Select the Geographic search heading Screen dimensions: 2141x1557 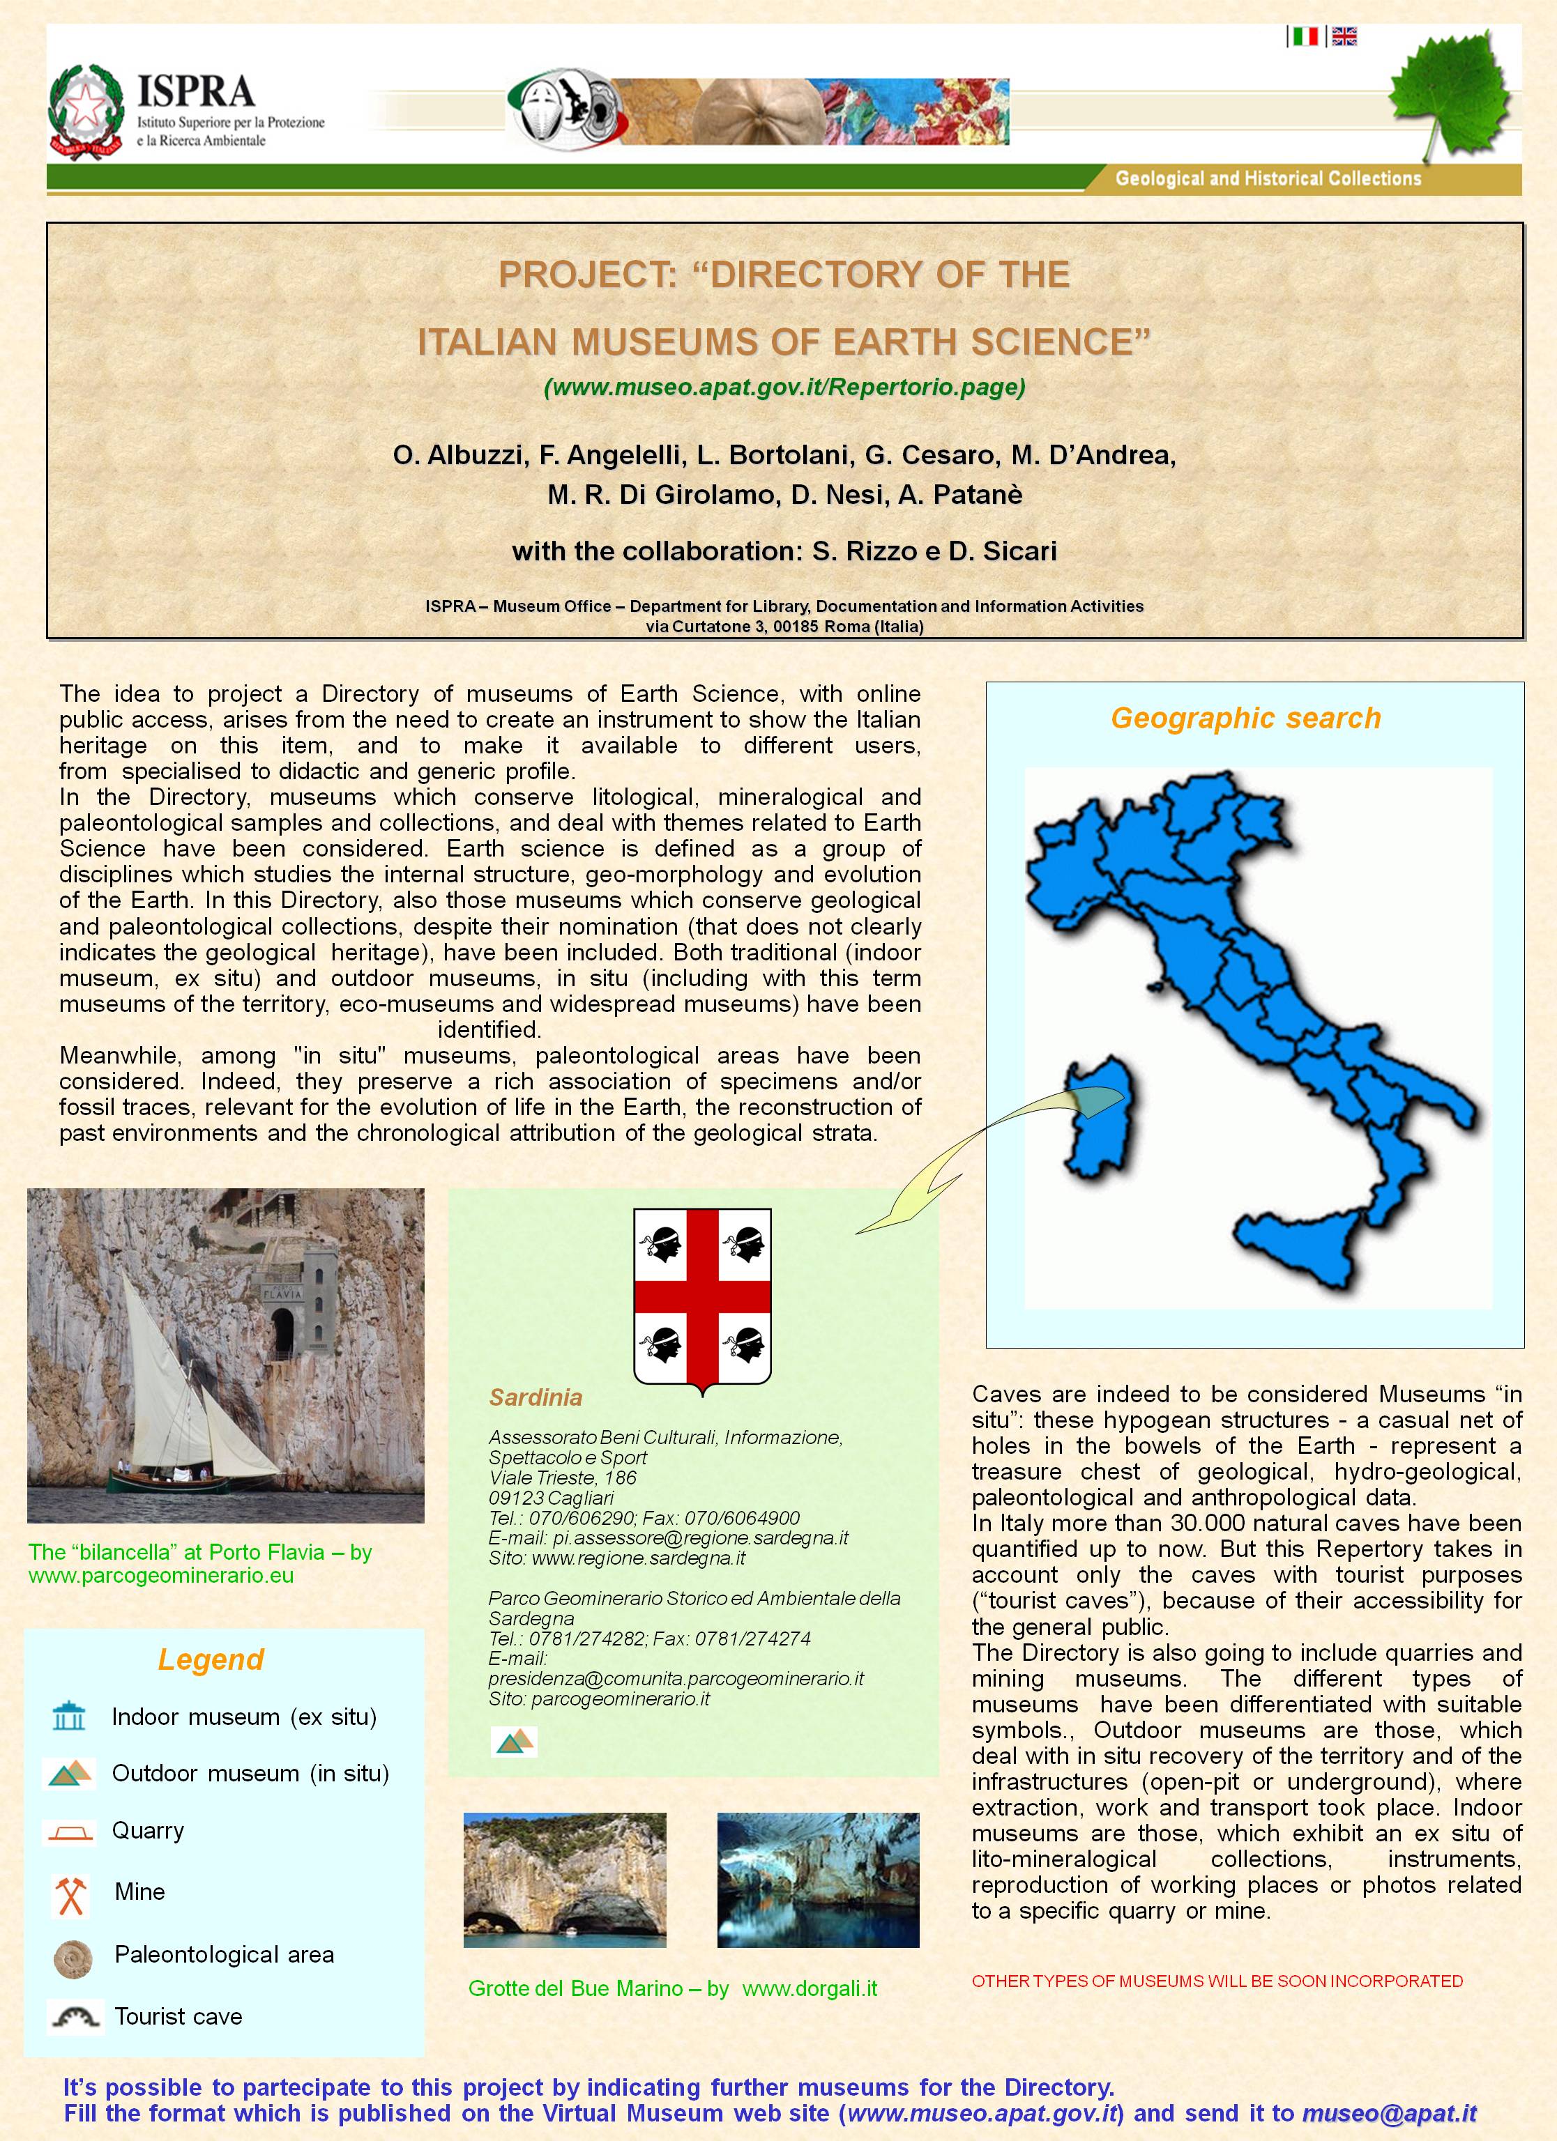[1245, 719]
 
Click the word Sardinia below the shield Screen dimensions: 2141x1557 [536, 1397]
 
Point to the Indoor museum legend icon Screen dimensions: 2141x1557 [70, 1716]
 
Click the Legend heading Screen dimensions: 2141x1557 [211, 1659]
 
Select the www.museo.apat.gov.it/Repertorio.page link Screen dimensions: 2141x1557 [784, 387]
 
